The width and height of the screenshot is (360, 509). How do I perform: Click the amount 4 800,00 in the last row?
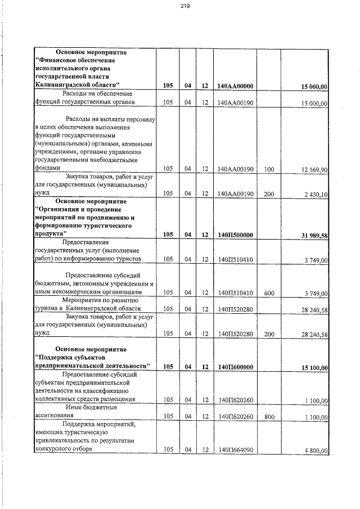315,450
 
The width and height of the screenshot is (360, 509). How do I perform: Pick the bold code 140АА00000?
236,86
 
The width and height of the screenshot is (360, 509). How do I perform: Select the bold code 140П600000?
236,367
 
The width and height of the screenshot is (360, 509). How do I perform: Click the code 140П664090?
236,450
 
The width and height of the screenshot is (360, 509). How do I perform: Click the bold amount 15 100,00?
313,368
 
